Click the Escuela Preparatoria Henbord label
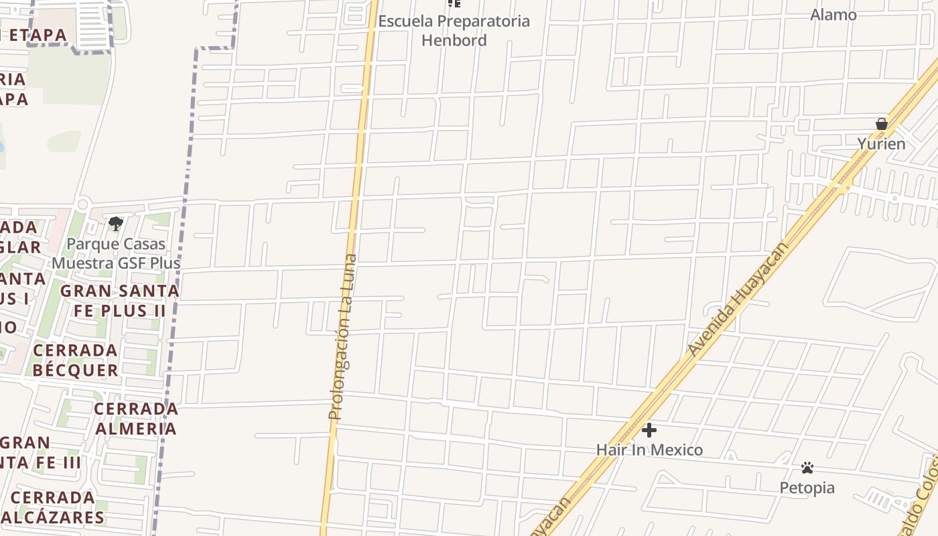coord(454,30)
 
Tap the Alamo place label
coord(833,15)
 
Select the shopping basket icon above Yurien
coord(882,124)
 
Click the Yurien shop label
coord(881,144)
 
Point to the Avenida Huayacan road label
coord(738,299)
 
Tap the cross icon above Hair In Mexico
coord(649,430)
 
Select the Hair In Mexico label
coord(649,450)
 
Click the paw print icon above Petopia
coord(807,468)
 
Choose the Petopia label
coord(807,488)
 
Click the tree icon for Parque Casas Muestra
coord(116,223)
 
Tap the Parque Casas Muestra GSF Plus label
coord(117,253)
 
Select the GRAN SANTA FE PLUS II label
coord(120,301)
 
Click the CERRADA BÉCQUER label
coord(76,360)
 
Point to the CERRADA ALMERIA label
coord(136,418)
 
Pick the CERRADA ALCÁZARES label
coord(53,507)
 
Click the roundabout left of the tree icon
coord(83,204)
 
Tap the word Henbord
coord(454,40)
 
